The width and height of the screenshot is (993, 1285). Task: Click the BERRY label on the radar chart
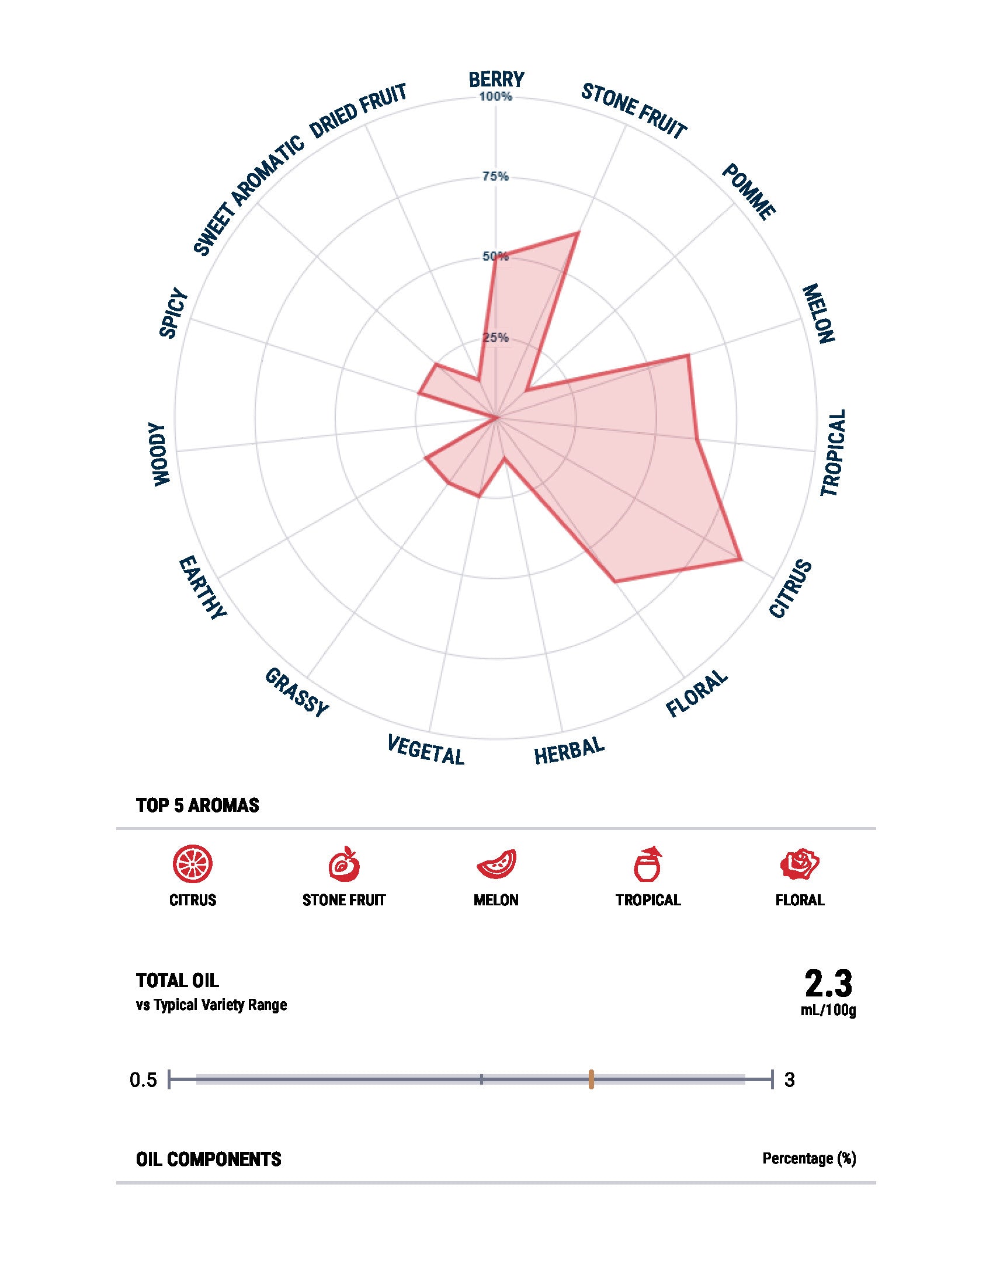496,78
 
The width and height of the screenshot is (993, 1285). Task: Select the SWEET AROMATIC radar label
248,196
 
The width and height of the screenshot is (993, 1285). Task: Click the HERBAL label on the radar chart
569,751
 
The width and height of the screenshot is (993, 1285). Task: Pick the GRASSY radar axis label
296,693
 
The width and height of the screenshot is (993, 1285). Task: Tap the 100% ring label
496,96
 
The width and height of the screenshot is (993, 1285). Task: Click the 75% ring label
495,176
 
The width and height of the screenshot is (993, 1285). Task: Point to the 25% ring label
495,338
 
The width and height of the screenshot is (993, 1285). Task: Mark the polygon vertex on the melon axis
687,355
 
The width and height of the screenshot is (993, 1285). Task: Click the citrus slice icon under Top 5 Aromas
192,864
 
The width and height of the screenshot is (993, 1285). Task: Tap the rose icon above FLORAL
800,864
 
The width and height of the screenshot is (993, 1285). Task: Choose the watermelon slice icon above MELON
496,865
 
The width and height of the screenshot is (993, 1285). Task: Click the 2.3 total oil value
828,982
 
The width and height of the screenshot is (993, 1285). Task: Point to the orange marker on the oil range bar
591,1079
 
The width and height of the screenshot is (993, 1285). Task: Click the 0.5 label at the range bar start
144,1080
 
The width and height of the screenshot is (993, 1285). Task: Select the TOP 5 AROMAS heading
197,805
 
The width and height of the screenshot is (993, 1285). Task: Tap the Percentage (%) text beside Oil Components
809,1158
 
